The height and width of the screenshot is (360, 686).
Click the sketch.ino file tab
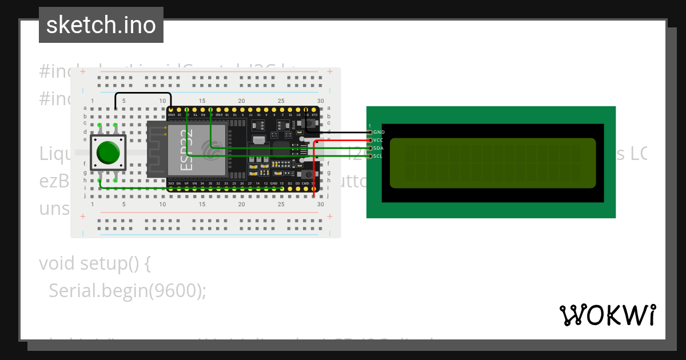[101, 25]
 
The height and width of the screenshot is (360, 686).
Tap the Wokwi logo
[607, 315]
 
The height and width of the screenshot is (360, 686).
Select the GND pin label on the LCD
[378, 132]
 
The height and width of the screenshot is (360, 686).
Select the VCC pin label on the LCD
[378, 140]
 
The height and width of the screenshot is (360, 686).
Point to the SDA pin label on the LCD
[378, 148]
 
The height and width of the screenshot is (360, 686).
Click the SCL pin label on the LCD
[377, 156]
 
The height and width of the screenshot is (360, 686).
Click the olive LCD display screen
[492, 163]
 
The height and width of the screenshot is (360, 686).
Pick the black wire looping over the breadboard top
[143, 93]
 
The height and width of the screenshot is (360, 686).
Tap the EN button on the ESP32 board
[310, 174]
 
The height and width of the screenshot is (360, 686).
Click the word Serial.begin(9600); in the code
[127, 291]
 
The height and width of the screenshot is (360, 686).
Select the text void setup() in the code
[94, 263]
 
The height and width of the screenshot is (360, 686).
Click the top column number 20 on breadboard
[241, 101]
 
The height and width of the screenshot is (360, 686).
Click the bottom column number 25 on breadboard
[281, 204]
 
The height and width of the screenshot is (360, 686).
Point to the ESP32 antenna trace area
[155, 150]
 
